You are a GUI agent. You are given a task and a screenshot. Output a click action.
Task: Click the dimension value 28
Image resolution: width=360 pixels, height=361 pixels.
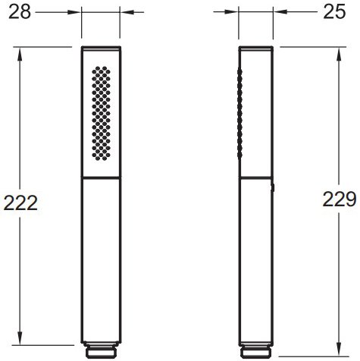[x=20, y=12]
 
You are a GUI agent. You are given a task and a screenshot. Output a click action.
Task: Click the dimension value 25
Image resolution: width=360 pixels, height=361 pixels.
[x=334, y=12]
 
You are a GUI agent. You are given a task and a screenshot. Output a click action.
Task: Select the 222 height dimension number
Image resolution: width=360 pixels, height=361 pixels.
[x=20, y=203]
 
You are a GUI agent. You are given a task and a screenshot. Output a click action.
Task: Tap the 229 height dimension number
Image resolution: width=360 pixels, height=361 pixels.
[x=340, y=199]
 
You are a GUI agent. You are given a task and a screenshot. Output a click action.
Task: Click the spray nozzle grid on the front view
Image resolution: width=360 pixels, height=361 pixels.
[x=101, y=113]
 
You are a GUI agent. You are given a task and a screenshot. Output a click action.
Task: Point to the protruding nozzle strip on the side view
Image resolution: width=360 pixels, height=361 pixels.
[x=239, y=114]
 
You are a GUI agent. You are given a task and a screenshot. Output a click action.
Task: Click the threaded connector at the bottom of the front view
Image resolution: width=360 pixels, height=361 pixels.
[x=101, y=350]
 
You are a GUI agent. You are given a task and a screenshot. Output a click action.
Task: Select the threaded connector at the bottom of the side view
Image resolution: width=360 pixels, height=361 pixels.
[x=255, y=350]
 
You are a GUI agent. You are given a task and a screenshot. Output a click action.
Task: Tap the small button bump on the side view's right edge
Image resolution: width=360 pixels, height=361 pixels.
[x=273, y=187]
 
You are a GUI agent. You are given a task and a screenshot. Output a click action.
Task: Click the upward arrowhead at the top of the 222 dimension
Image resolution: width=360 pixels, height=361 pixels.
[x=20, y=54]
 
